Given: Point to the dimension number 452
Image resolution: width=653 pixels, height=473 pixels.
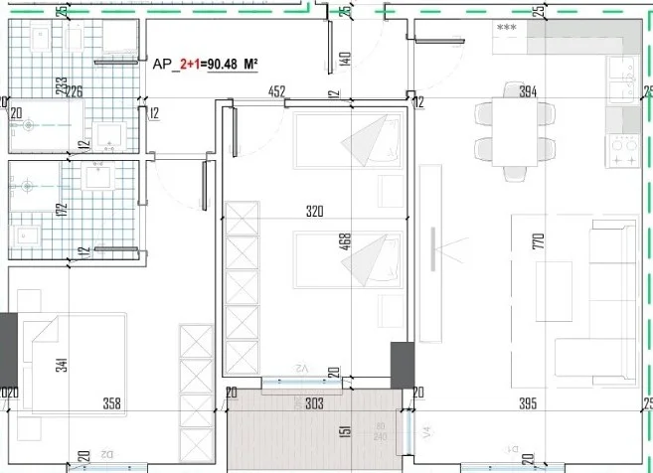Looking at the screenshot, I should [x=277, y=91].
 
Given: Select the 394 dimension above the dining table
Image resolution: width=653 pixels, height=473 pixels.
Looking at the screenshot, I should [x=528, y=91].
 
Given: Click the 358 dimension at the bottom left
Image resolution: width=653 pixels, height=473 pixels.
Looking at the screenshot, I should [x=112, y=403].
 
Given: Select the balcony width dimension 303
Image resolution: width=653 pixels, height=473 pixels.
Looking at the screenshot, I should [x=315, y=403].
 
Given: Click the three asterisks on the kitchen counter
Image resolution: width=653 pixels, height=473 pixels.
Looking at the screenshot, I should [x=508, y=29].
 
